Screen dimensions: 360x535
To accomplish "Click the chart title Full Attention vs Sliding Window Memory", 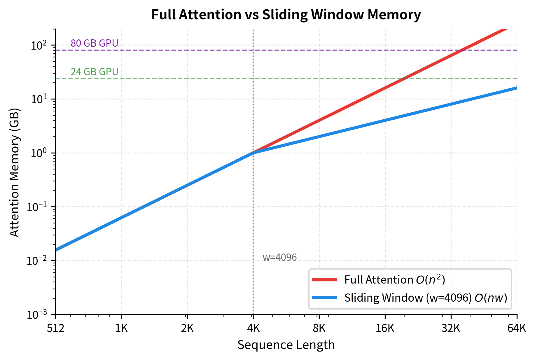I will point(286,15).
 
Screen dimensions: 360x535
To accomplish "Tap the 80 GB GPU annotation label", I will point(94,43).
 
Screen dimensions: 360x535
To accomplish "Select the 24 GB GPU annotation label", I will point(94,72).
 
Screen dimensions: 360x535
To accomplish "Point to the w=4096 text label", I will point(279,257).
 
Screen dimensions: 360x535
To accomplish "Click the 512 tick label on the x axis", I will point(55,328).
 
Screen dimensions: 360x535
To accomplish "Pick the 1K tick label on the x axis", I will point(121,328).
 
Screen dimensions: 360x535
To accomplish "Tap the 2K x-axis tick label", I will point(187,328).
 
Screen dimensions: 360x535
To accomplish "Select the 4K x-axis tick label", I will point(253,328).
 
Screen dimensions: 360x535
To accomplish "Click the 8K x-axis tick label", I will point(319,328).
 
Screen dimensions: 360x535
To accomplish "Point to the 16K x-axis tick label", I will point(385,328).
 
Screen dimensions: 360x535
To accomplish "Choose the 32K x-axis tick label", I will point(451,328).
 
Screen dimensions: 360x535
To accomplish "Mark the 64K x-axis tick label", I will point(517,328).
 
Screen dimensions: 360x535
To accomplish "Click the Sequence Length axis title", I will point(286,345).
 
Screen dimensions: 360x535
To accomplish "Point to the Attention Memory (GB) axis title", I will point(14,172).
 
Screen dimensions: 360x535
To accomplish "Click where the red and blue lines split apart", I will point(253,153).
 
